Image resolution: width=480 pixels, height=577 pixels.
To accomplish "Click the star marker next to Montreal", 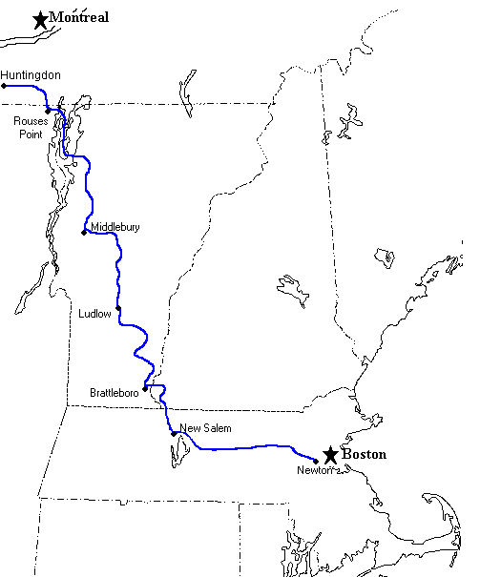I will tap(40, 19).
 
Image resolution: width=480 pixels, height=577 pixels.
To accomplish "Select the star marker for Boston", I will tap(330, 455).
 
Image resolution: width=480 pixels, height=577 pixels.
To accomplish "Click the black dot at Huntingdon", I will tap(4, 86).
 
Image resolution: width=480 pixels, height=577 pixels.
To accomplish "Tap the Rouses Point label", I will tap(30, 128).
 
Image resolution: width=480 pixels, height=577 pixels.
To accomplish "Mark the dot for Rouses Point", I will tap(48, 111).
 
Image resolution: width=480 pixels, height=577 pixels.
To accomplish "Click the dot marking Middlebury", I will tap(85, 231).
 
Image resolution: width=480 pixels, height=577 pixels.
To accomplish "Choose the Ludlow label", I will tap(95, 313).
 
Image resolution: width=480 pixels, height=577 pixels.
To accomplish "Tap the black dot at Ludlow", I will tap(118, 308).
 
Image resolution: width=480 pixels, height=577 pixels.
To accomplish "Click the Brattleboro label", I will tap(114, 392).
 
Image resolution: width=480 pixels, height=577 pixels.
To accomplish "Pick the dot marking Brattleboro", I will tap(144, 388).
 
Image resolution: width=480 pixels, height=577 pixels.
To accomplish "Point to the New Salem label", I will tap(204, 429).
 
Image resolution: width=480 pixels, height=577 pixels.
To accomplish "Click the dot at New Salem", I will tap(174, 434).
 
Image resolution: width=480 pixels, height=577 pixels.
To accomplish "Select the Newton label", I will tap(312, 470).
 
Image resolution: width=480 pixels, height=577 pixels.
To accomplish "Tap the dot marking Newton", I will tap(316, 462).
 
